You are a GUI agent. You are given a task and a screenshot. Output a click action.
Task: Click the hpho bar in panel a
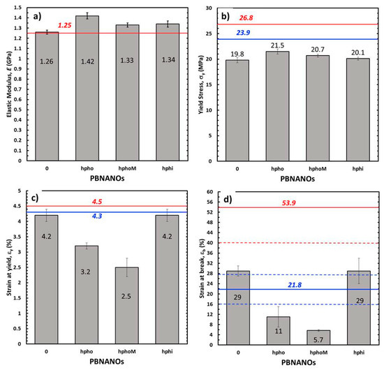point(87,88)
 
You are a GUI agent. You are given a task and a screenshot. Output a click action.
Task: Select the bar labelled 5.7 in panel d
point(318,337)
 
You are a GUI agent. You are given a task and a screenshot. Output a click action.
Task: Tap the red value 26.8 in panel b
point(246,18)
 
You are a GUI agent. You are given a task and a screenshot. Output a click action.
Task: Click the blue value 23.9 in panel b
point(243,33)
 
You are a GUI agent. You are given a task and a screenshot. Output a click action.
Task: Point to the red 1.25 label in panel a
point(65,25)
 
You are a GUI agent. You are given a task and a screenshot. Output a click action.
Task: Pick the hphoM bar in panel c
point(126,305)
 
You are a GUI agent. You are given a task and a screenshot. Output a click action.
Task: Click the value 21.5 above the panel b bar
point(277,45)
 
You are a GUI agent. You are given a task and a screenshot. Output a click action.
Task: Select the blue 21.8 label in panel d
point(295,285)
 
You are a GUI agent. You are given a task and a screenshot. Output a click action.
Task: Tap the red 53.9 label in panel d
point(289,202)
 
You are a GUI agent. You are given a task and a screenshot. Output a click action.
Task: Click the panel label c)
point(34,198)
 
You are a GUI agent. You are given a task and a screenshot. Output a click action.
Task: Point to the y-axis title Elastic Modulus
point(9,84)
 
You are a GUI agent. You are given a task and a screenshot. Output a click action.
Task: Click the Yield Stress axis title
point(201,84)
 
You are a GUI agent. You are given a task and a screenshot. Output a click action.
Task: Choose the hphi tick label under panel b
point(357,169)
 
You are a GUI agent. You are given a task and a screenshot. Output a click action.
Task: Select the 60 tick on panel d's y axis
point(209,192)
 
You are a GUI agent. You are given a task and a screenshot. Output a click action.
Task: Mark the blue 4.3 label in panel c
point(97,216)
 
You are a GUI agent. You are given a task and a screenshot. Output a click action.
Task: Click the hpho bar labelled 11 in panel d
point(279,331)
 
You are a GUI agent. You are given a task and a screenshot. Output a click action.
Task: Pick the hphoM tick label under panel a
point(127,168)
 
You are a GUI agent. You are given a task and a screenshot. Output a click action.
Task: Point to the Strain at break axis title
point(202,268)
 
